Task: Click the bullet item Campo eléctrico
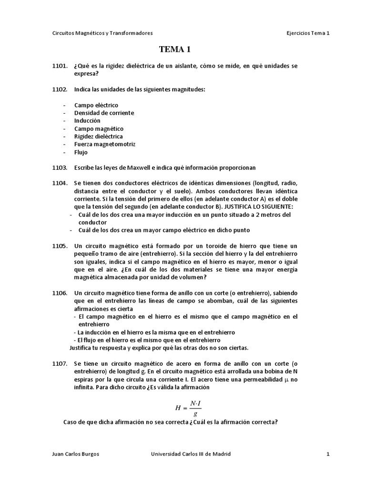pos(96,105)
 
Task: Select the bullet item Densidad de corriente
pos(104,113)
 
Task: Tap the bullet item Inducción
pos(87,121)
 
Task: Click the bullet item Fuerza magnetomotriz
pos(105,144)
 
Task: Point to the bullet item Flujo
pos(81,152)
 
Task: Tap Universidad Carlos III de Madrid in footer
pos(190,454)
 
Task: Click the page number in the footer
pos(328,454)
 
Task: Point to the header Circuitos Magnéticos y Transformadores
pos(102,33)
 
